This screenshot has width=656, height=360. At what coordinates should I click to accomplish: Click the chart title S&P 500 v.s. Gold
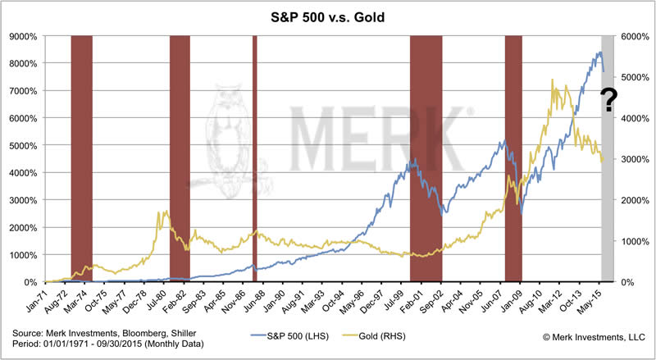click(327, 16)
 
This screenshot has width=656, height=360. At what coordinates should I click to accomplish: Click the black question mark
click(609, 101)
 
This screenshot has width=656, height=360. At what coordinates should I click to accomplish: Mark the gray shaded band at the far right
click(608, 205)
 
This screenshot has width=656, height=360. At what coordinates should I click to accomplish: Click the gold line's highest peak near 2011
click(553, 80)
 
